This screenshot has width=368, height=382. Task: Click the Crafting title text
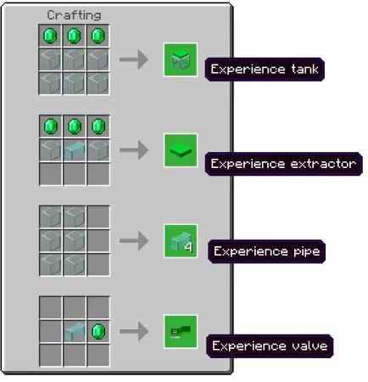coord(74,15)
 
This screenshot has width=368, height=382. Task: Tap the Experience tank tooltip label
coord(265,70)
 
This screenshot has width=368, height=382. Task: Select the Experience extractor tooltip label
coord(283,164)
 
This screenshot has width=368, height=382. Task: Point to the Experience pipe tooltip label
coord(266,251)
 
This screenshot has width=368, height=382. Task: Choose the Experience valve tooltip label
coord(270,345)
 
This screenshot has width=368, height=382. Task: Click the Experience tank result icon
coord(181,59)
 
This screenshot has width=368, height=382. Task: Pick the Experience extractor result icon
coord(181,150)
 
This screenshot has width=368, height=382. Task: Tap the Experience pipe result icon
coord(181,241)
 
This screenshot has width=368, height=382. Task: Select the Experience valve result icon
coord(181,332)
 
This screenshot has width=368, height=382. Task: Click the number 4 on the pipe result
coord(188,247)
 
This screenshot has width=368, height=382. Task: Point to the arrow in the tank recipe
coord(134,59)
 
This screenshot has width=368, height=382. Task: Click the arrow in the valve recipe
coord(134,331)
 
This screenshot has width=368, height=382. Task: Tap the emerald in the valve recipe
coord(98,331)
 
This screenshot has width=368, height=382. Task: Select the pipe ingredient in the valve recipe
coord(75,331)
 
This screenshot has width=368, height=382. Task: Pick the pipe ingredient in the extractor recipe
coord(75,150)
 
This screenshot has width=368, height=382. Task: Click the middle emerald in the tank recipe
coord(74,36)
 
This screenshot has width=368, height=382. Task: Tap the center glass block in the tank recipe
coord(74,59)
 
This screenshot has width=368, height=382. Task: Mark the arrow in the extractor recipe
coord(134,150)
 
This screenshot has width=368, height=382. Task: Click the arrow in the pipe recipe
coord(134,241)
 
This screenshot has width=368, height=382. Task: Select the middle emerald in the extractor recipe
coord(75,126)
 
